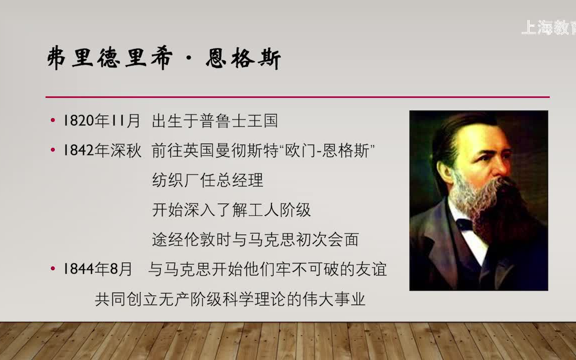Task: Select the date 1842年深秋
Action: point(102,150)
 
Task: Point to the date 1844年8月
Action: point(98,269)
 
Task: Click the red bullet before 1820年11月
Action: point(53,120)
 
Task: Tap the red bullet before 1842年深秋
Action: point(53,150)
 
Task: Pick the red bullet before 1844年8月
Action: point(53,269)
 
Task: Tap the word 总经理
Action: point(242,180)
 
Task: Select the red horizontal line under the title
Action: point(297,96)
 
